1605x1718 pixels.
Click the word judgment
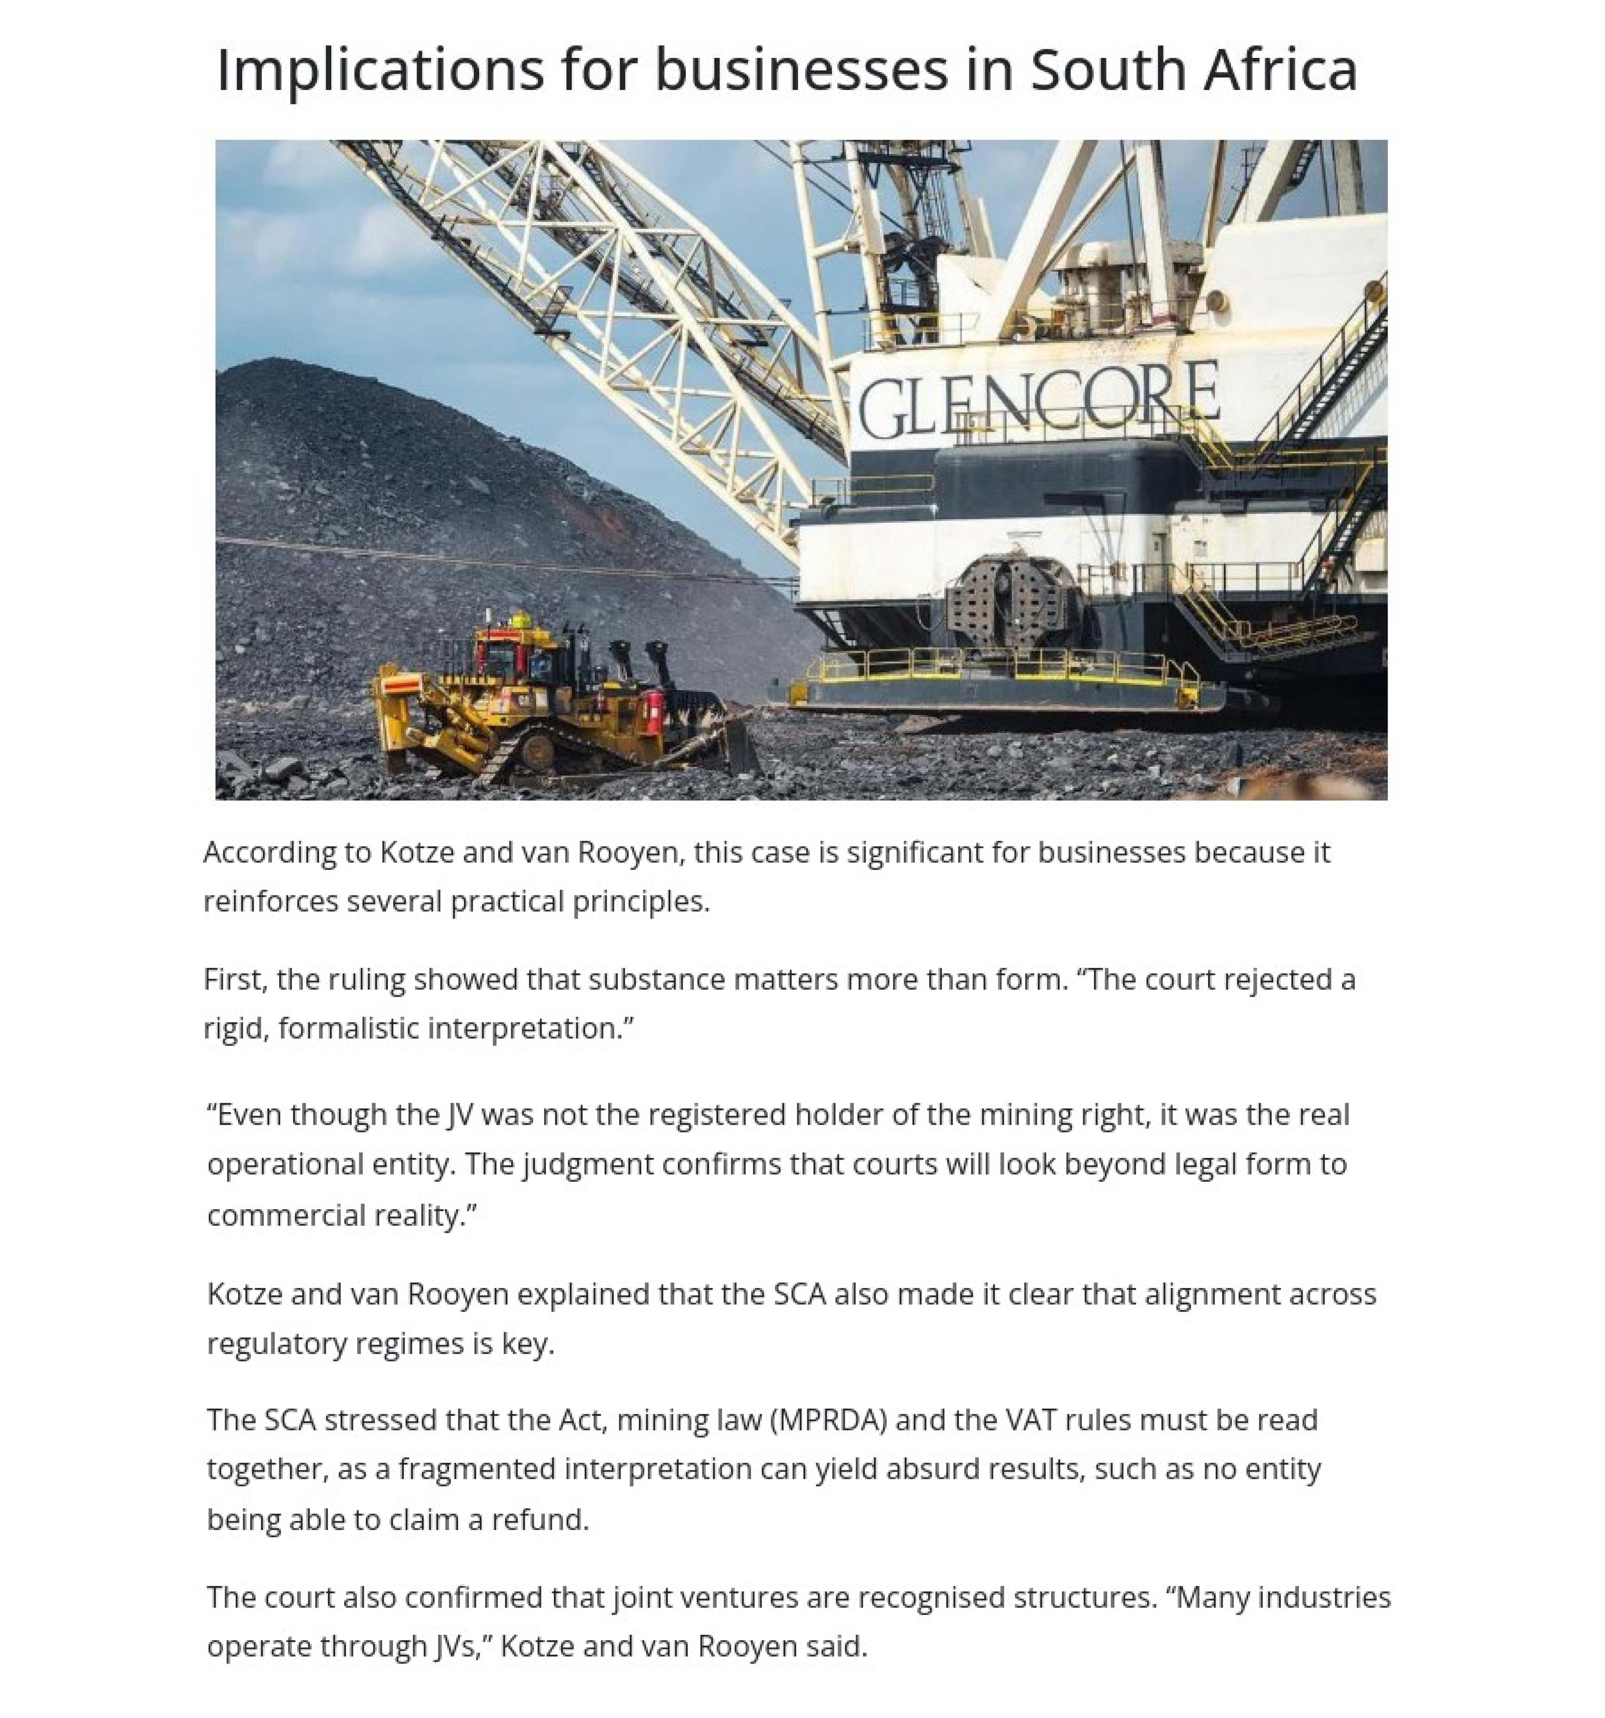click(588, 1165)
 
